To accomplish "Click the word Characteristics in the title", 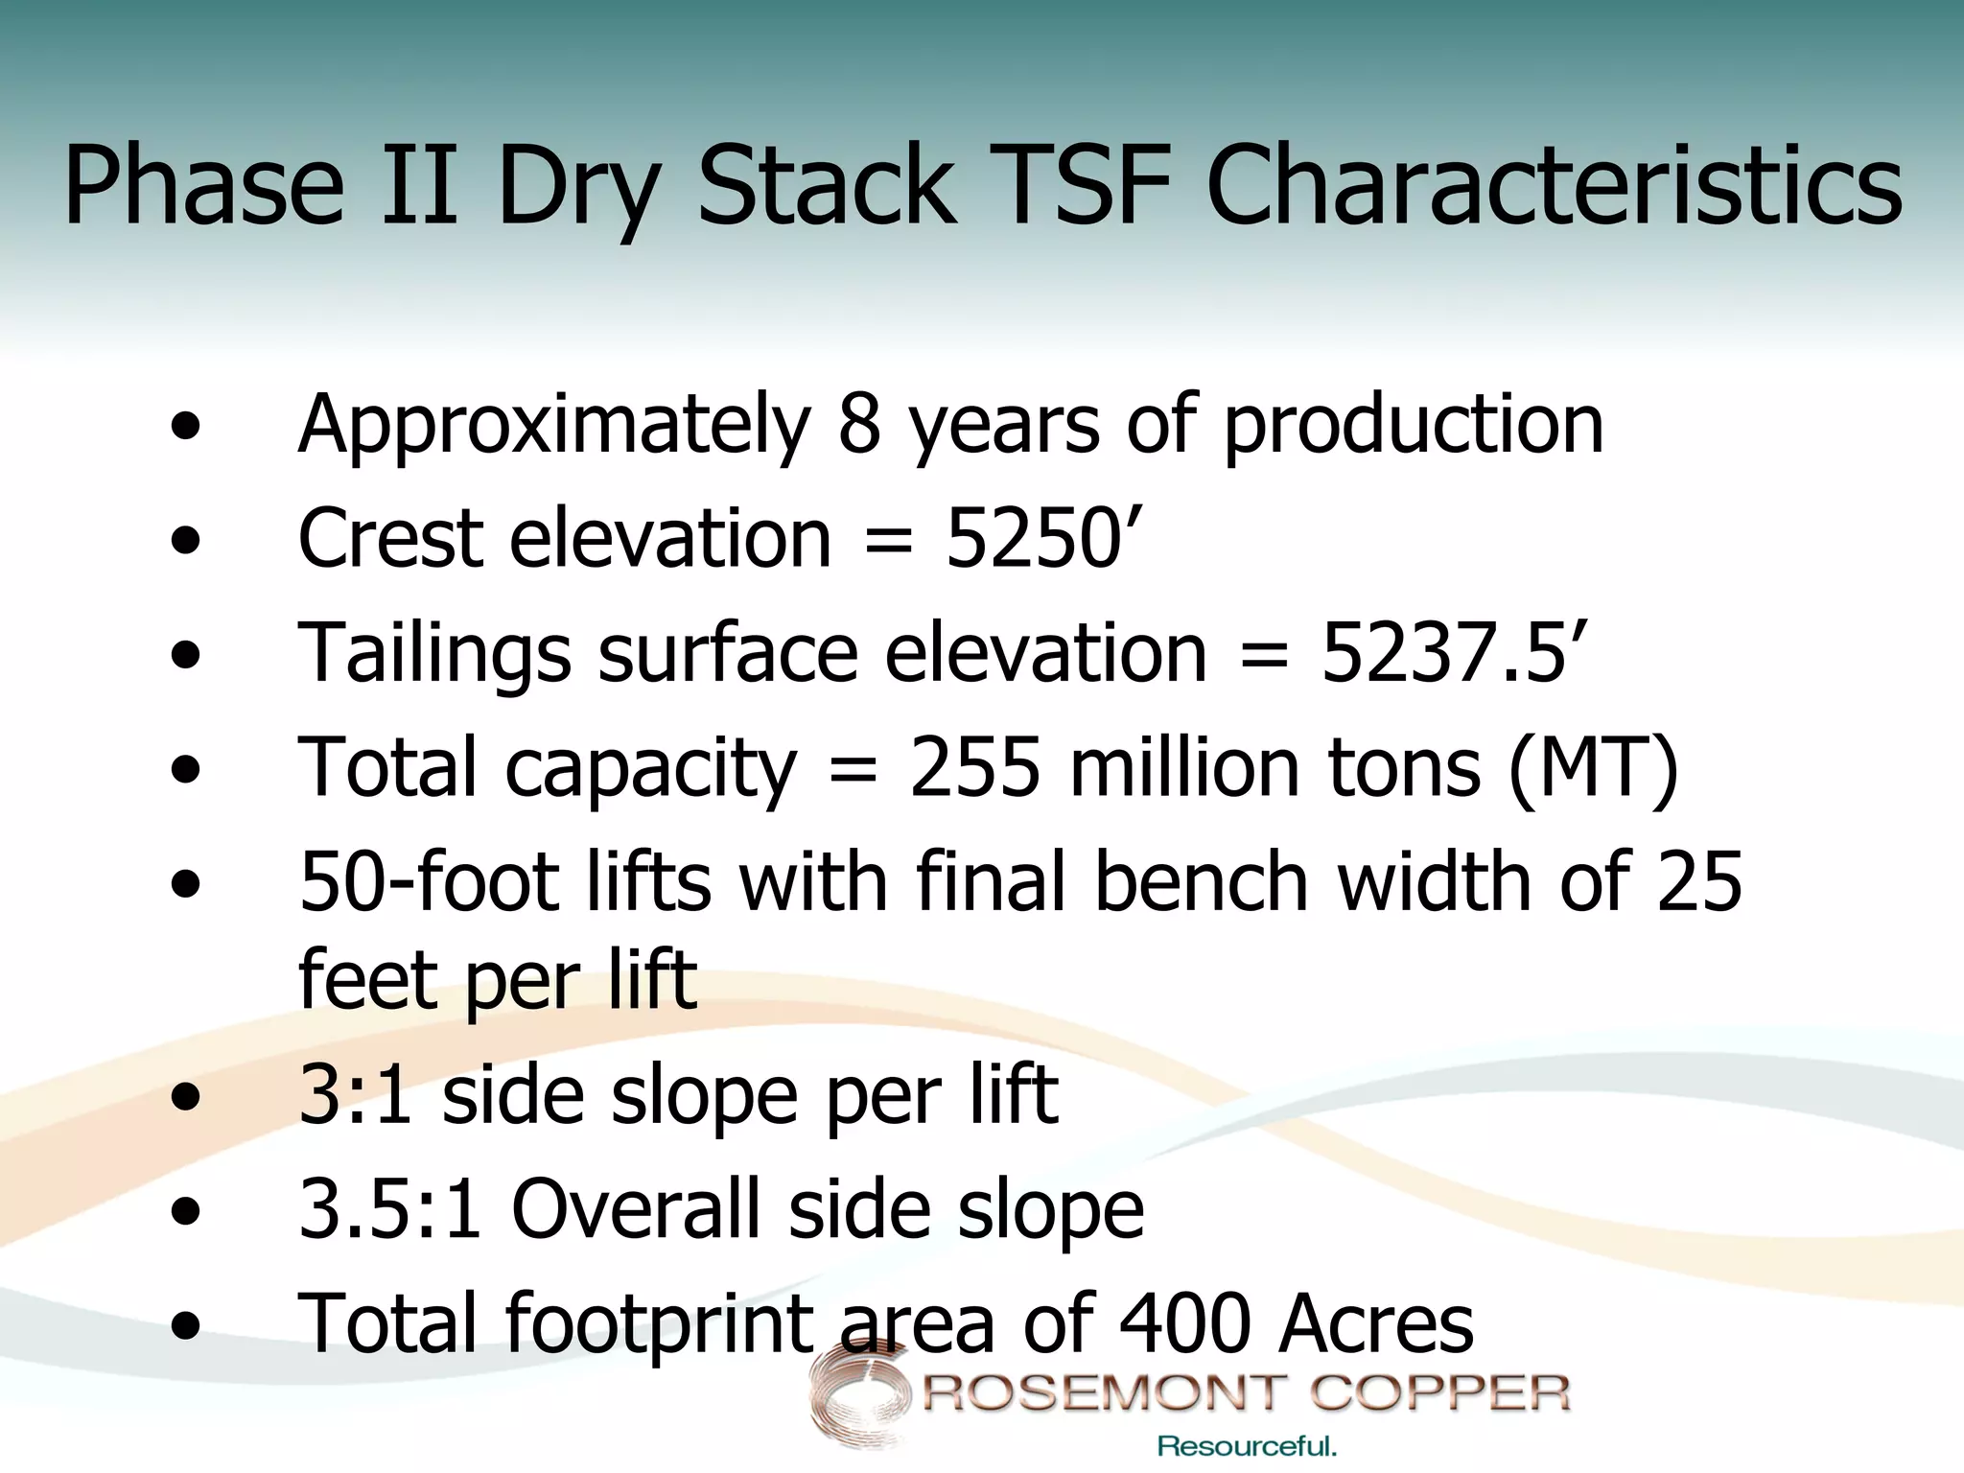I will (1554, 185).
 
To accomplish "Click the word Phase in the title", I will (203, 185).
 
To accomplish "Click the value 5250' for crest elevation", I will (1043, 538).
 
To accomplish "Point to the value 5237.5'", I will (1454, 652).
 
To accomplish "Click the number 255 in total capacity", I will (974, 767).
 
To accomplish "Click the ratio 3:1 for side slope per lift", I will (356, 1095).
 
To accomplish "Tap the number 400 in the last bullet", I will (1184, 1323).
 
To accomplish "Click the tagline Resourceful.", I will (1247, 1446).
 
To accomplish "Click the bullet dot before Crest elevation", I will (186, 541).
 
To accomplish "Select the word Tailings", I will (434, 654).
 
